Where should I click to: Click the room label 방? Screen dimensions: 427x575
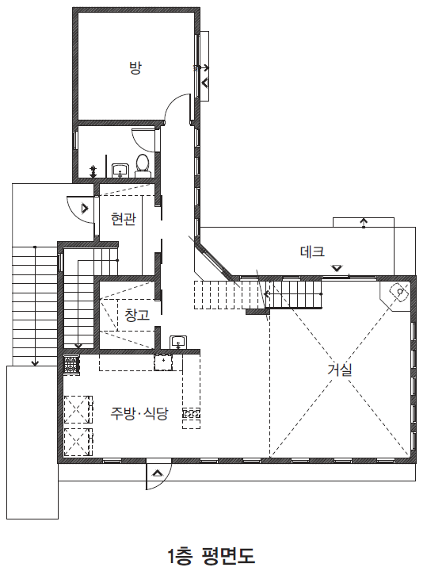pyautogui.click(x=135, y=68)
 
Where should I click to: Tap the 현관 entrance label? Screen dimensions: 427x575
pyautogui.click(x=124, y=219)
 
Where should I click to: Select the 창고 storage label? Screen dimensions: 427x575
pyautogui.click(x=137, y=315)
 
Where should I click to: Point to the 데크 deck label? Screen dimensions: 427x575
pyautogui.click(x=312, y=251)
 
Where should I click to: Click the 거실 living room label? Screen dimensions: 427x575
pyautogui.click(x=340, y=370)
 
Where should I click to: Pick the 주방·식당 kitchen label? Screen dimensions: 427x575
pyautogui.click(x=139, y=413)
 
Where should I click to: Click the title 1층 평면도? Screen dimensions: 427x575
pyautogui.click(x=212, y=556)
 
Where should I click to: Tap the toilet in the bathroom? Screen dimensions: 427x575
pyautogui.click(x=143, y=166)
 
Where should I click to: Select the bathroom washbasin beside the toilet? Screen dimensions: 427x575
pyautogui.click(x=120, y=171)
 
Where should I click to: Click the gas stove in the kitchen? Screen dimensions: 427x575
pyautogui.click(x=72, y=365)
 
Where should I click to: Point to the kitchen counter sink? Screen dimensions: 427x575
pyautogui.click(x=163, y=363)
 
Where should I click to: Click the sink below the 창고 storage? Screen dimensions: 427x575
pyautogui.click(x=178, y=342)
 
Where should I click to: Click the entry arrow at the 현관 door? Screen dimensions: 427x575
pyautogui.click(x=85, y=209)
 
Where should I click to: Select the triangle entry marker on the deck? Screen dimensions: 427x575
pyautogui.click(x=337, y=268)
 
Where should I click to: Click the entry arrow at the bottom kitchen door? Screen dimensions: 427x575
pyautogui.click(x=158, y=473)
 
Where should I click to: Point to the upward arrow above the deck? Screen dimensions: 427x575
pyautogui.click(x=364, y=223)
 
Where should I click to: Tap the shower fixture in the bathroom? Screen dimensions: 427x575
pyautogui.click(x=93, y=171)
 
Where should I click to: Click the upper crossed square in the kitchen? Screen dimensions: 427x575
pyautogui.click(x=78, y=409)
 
